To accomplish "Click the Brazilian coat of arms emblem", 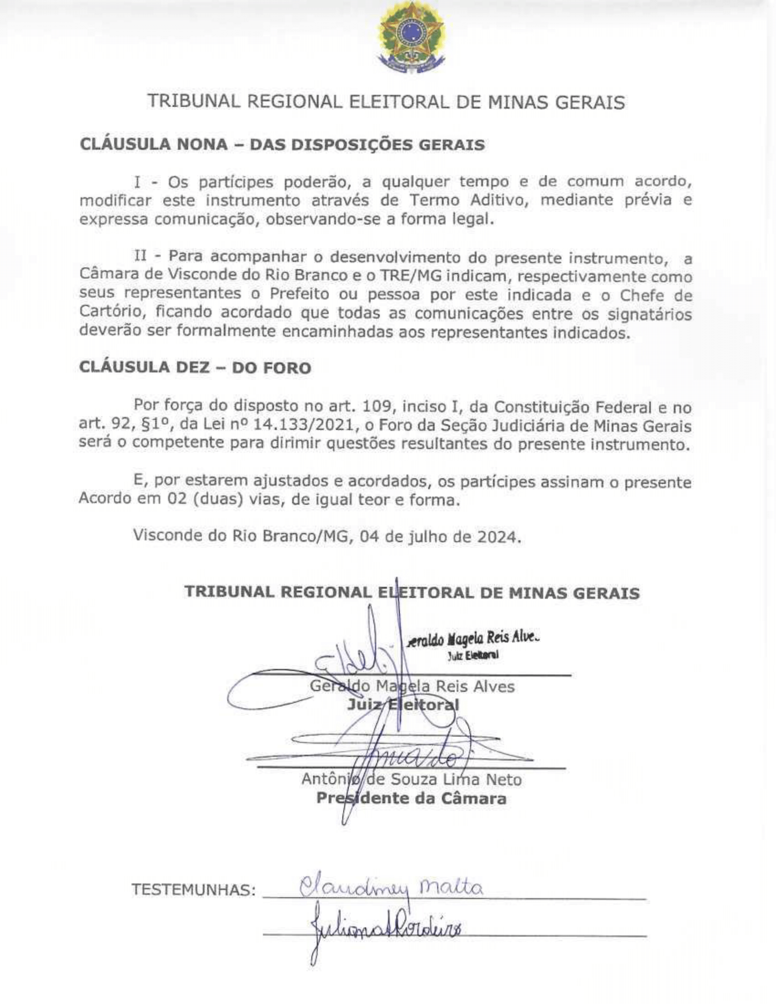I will pos(410,38).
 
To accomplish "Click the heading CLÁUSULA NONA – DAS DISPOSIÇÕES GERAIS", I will pos(282,144).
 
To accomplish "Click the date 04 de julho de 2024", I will pos(440,536).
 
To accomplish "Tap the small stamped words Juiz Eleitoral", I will pos(473,655).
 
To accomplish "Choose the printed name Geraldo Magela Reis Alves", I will pos(412,686).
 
